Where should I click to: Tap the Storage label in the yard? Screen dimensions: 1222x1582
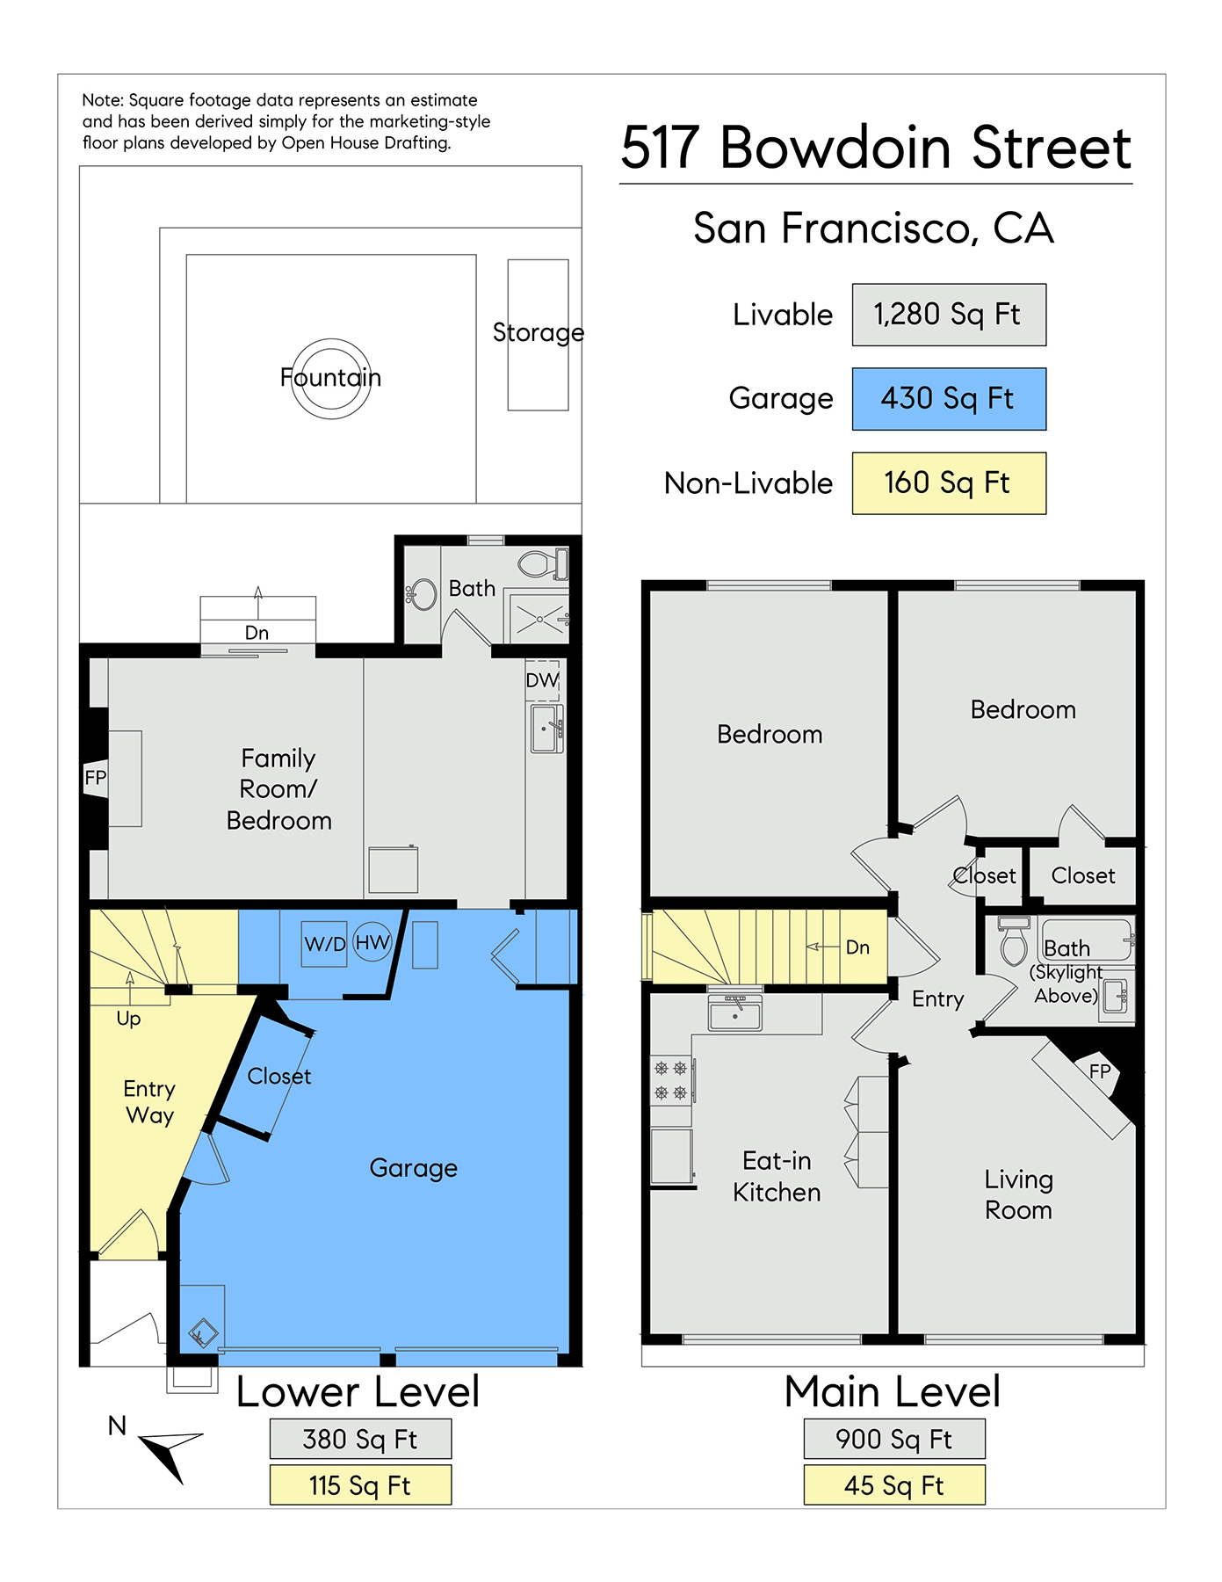tap(539, 332)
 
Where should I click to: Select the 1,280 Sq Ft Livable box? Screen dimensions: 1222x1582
tap(949, 315)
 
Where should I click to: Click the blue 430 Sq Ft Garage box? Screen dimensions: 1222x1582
tap(949, 399)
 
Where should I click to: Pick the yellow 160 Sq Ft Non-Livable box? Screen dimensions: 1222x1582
tap(949, 483)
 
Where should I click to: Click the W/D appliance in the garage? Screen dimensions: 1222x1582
tap(324, 944)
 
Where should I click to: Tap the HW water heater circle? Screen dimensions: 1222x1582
tap(372, 942)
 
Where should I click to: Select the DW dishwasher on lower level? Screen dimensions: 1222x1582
tap(543, 680)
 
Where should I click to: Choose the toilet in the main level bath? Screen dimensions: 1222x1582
tap(1015, 941)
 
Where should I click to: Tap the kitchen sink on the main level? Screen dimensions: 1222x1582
tap(735, 1012)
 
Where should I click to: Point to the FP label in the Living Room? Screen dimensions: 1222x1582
tap(1100, 1071)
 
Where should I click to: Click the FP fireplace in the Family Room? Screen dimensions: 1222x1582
tap(96, 778)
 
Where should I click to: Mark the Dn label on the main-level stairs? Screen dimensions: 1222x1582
tap(858, 947)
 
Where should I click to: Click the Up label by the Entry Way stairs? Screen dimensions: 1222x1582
tap(128, 1019)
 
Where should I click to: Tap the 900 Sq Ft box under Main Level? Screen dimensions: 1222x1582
tap(894, 1440)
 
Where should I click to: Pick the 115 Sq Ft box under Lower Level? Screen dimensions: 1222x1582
tap(360, 1485)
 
